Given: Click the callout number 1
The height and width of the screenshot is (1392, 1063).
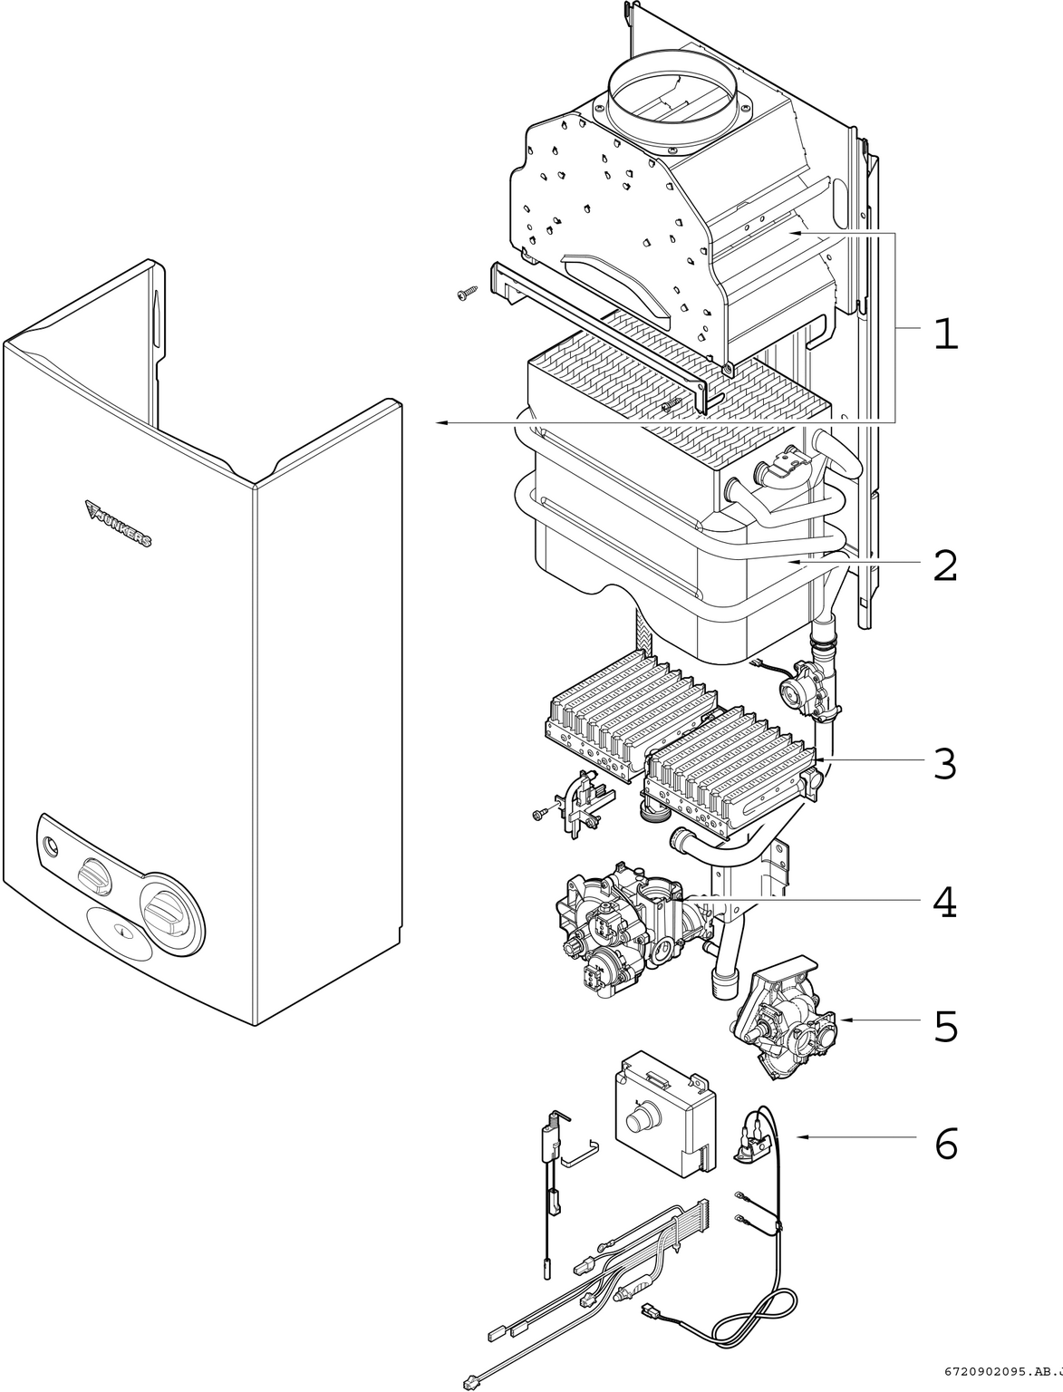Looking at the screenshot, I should (945, 334).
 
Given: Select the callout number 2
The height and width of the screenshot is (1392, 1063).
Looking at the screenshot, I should (945, 566).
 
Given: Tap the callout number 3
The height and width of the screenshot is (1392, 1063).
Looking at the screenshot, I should (945, 764).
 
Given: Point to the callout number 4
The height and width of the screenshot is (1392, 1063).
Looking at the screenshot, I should (945, 903).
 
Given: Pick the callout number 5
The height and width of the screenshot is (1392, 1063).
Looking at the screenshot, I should (945, 1026).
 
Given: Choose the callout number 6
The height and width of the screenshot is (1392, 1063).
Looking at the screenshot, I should (945, 1145).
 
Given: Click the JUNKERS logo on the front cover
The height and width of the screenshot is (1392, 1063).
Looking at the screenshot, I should (119, 523).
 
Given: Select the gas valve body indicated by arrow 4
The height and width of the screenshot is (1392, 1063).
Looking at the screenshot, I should (625, 929).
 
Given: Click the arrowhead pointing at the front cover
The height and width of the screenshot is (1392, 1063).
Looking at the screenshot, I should (440, 422).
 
